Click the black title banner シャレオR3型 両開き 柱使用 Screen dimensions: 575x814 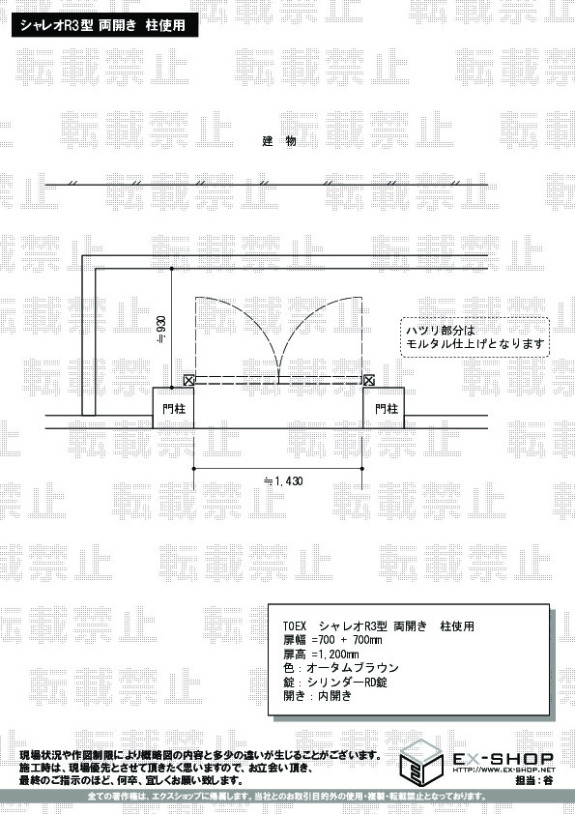coord(104,25)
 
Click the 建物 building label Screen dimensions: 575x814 coord(278,141)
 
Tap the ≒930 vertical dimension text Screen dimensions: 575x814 coord(162,328)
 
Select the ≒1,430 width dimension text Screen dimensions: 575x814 coord(283,481)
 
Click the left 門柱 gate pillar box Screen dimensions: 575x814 coord(173,408)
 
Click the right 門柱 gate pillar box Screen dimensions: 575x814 coord(384,408)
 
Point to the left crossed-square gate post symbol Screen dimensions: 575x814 coord(188,381)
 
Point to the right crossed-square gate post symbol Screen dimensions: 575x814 coord(368,381)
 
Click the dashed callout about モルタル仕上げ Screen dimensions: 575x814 coord(474,337)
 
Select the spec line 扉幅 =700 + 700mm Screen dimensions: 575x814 coord(332,640)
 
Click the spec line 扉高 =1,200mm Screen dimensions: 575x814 coord(321,654)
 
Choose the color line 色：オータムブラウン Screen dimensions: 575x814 coord(341,668)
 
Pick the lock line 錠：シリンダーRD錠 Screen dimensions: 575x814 coord(335,682)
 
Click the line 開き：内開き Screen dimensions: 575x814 coord(318,696)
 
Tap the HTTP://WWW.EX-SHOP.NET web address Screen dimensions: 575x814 coord(503,770)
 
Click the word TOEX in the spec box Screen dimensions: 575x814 coord(295,626)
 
